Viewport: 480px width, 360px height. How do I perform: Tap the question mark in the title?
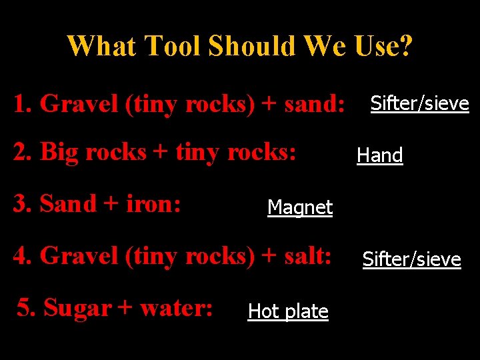406,46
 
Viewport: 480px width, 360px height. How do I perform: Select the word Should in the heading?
252,46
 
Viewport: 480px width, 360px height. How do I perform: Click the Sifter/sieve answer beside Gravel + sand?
419,103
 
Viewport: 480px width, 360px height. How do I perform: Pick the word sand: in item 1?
315,103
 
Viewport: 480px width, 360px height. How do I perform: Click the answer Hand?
379,155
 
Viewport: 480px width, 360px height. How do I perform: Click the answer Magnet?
299,207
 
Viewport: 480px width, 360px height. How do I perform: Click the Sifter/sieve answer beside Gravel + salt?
411,259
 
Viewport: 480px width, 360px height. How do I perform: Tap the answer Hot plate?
288,311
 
